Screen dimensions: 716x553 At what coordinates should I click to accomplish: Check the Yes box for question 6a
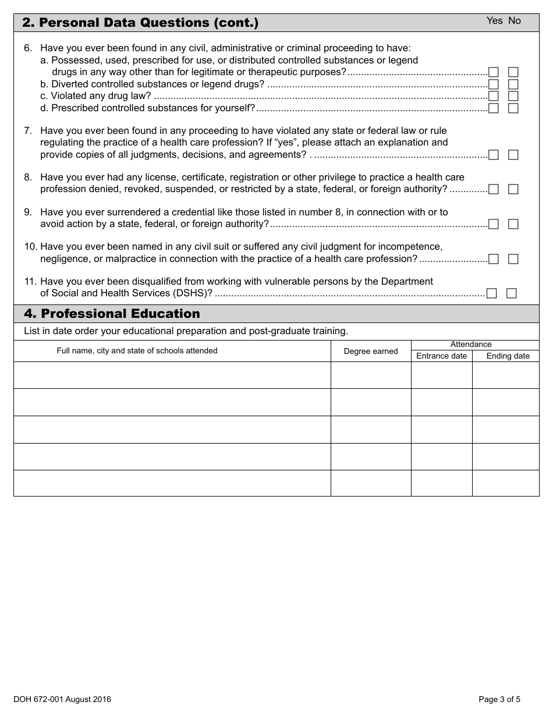(494, 72)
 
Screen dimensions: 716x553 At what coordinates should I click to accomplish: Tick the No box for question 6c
(513, 96)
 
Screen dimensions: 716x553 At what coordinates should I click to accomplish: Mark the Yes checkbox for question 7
(494, 155)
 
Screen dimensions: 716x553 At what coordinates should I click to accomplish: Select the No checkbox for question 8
(513, 189)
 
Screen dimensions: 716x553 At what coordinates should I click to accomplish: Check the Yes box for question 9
(494, 224)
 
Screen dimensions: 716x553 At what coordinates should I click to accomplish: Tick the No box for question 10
(513, 259)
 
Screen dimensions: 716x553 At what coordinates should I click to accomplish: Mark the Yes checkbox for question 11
(492, 293)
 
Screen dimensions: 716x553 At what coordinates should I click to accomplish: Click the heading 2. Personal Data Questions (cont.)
(140, 23)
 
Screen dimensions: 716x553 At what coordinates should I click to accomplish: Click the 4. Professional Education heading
(112, 314)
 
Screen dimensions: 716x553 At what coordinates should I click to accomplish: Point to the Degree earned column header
(371, 351)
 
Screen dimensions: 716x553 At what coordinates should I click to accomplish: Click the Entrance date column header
(441, 356)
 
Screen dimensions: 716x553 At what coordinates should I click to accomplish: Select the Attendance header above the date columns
(471, 345)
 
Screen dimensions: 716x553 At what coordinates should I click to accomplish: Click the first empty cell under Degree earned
(371, 375)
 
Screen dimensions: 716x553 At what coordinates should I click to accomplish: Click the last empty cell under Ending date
(505, 483)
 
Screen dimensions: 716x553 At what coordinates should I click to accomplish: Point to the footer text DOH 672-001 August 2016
(62, 699)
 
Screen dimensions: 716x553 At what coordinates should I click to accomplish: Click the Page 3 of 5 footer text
(499, 699)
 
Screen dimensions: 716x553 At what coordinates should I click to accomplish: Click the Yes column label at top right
(494, 21)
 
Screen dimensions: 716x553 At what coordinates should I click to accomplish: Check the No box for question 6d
(513, 108)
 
